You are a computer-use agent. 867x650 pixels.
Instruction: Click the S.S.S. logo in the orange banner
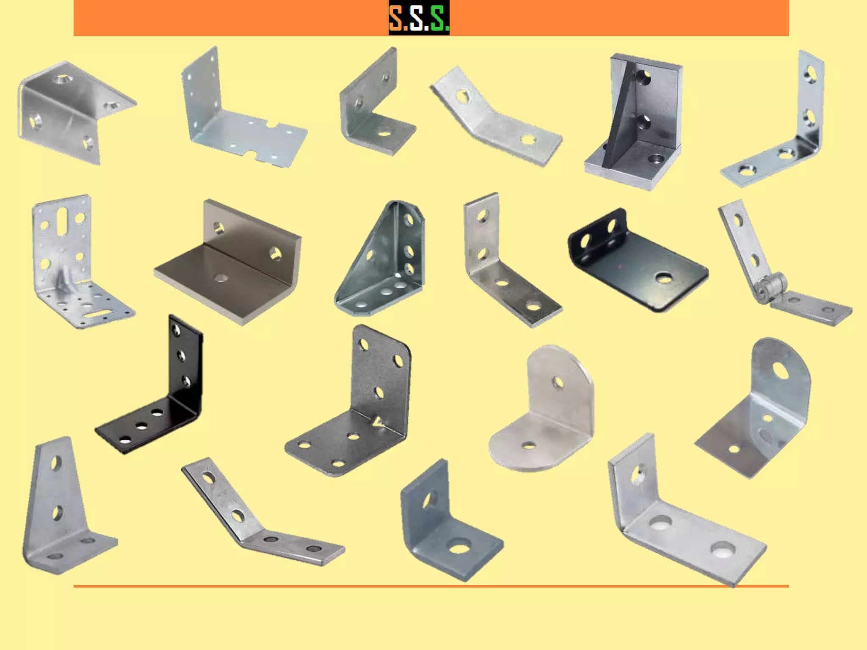[x=419, y=18]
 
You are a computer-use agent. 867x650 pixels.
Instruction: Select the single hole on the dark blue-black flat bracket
[x=663, y=278]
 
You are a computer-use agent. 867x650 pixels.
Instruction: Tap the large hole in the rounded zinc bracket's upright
[x=781, y=370]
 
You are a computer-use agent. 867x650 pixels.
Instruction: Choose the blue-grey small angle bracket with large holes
[x=445, y=525]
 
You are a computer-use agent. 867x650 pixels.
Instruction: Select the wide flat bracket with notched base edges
[x=237, y=123]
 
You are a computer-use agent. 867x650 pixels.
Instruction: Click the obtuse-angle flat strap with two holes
[x=495, y=118]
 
